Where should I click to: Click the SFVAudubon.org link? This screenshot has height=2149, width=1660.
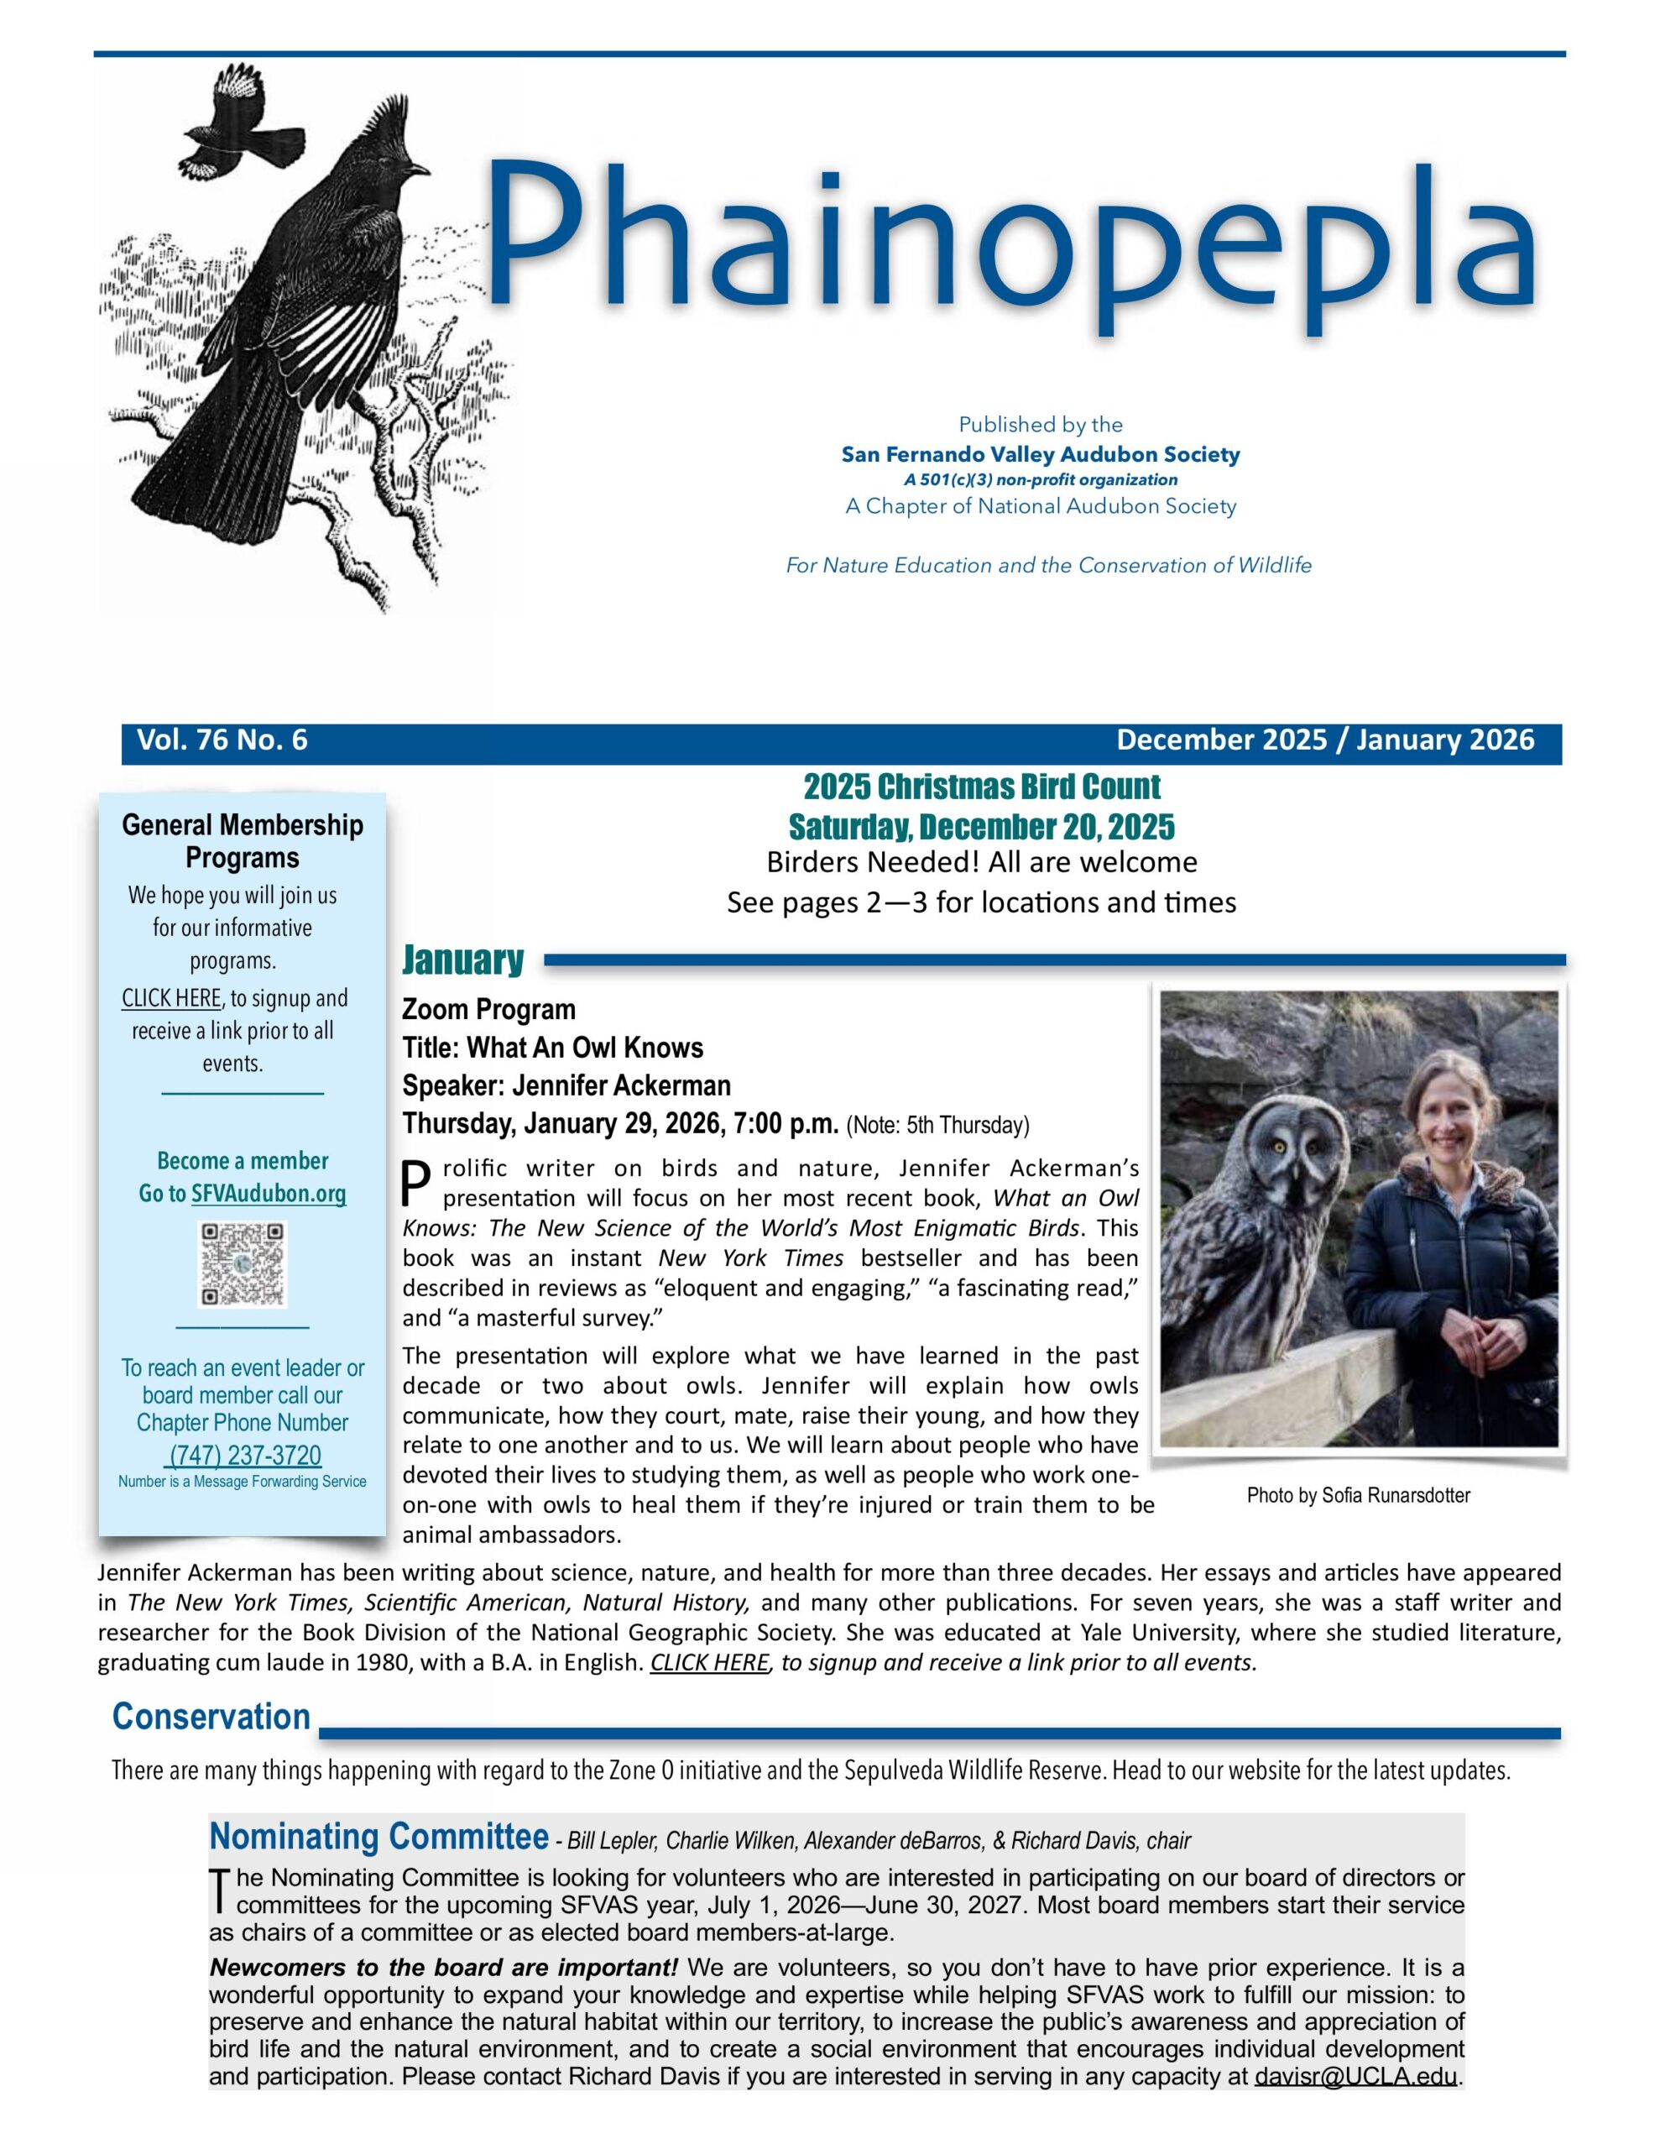(269, 1194)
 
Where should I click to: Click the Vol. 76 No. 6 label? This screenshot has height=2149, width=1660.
(222, 740)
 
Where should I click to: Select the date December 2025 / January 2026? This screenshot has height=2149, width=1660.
(1324, 740)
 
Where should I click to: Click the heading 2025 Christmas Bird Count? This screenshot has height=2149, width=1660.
(981, 787)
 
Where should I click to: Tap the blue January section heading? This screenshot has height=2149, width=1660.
(462, 959)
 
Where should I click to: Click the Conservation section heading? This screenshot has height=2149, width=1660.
(211, 1716)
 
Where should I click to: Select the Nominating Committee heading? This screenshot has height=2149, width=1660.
(378, 1837)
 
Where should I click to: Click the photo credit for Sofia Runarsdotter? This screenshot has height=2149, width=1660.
(1358, 1496)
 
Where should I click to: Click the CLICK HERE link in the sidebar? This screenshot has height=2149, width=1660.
(171, 998)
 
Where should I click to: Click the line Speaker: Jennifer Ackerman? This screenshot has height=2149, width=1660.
(566, 1085)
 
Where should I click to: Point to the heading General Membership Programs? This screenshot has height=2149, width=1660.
(242, 840)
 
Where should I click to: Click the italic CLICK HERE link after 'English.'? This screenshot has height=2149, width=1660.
(708, 1663)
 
